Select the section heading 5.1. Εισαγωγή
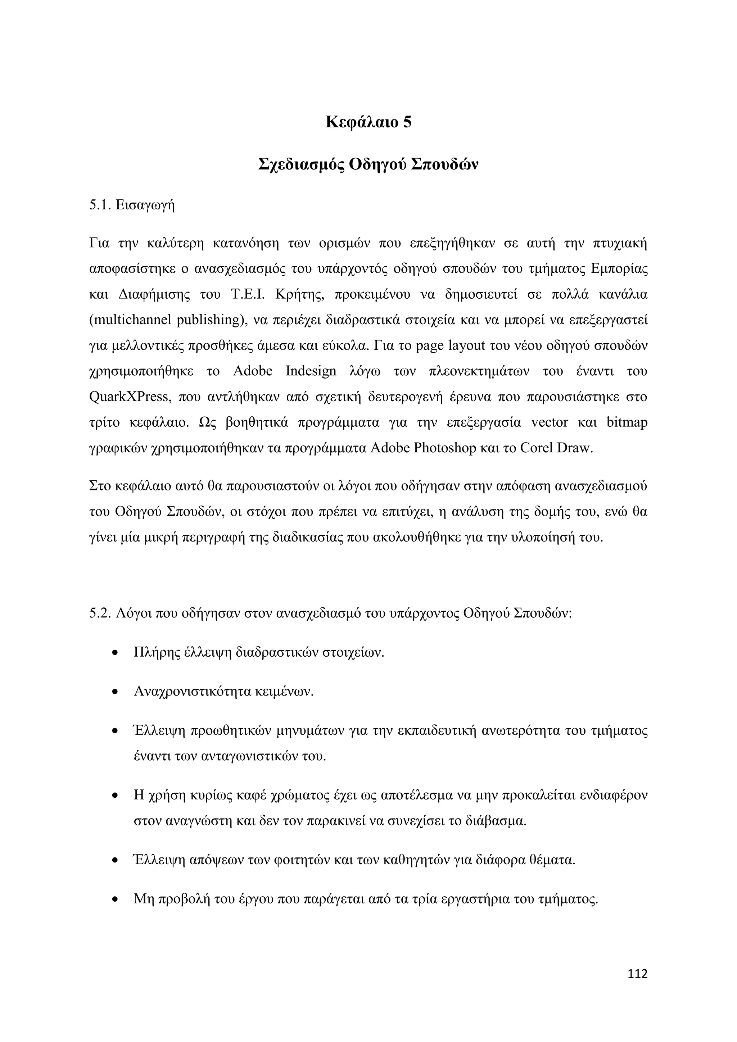(132, 205)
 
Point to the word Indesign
(311, 371)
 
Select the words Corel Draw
(556, 448)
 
